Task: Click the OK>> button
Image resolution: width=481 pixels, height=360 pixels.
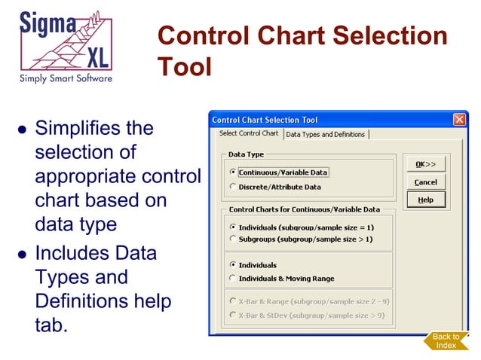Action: click(425, 164)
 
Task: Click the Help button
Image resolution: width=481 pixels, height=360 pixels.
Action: click(425, 200)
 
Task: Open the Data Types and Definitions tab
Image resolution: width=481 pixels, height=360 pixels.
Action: click(326, 135)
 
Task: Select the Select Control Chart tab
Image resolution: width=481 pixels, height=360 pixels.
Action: click(248, 134)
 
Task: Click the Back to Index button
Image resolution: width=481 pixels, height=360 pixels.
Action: click(446, 341)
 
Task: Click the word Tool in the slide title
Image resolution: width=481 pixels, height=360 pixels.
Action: click(185, 66)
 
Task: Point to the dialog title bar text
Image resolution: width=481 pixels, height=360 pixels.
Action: click(265, 120)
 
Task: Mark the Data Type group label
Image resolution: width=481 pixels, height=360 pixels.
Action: click(247, 154)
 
